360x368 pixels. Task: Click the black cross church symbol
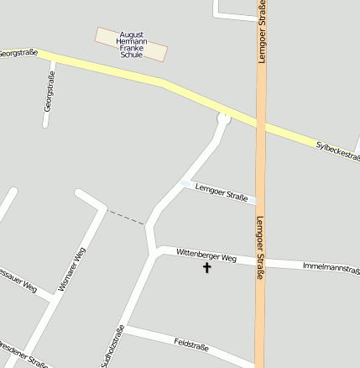tap(206, 268)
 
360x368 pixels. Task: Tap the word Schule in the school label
tap(132, 55)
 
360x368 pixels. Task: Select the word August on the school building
tap(131, 34)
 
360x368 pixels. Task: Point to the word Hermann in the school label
tap(132, 41)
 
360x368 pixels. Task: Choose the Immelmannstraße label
tap(331, 267)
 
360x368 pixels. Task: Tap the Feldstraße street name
tap(191, 344)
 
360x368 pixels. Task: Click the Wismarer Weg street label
tap(72, 270)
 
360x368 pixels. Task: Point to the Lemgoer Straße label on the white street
tap(222, 193)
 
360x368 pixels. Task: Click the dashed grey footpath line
tap(127, 217)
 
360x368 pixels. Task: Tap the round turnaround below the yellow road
tap(223, 118)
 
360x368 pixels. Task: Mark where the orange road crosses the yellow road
tap(261, 124)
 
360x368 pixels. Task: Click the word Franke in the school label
tap(132, 48)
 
